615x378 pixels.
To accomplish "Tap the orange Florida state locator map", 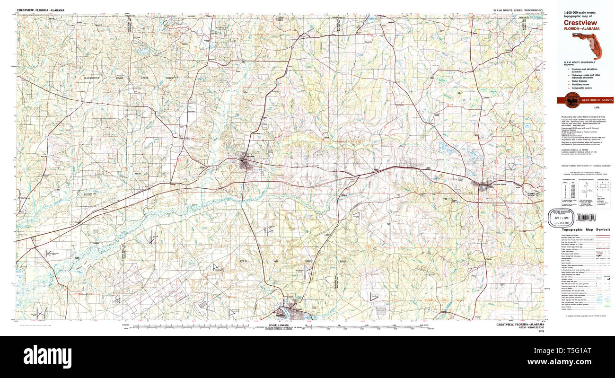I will pos(587,44).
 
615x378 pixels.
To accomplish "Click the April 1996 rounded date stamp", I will pos(561,215).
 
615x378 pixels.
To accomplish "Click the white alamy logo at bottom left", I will pos(47,355).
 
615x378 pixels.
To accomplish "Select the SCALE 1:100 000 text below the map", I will pos(279,325).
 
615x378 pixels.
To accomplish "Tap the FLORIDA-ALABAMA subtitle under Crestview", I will pos(581,28).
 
